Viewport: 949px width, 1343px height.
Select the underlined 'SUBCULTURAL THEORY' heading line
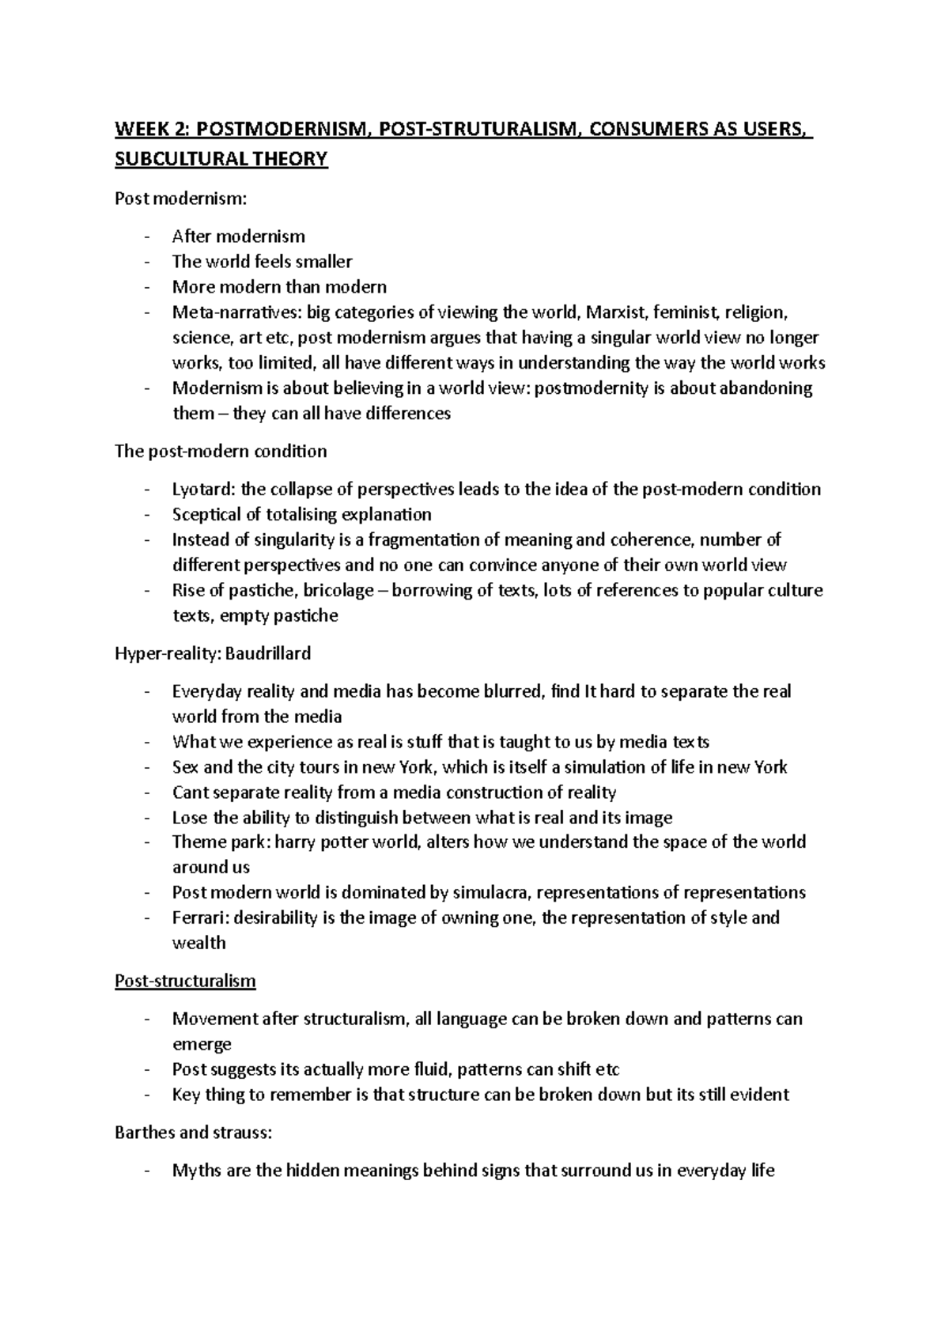coord(221,159)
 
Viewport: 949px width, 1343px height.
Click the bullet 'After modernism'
coord(238,236)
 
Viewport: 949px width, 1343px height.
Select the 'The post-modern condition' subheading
coord(221,452)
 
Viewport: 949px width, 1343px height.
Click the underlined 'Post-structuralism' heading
coord(185,982)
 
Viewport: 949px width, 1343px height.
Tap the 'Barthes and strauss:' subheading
coord(193,1133)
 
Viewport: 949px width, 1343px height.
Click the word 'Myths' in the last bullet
coord(196,1171)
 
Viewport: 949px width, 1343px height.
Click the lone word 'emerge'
coord(202,1044)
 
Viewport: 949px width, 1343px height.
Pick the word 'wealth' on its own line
coord(198,943)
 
